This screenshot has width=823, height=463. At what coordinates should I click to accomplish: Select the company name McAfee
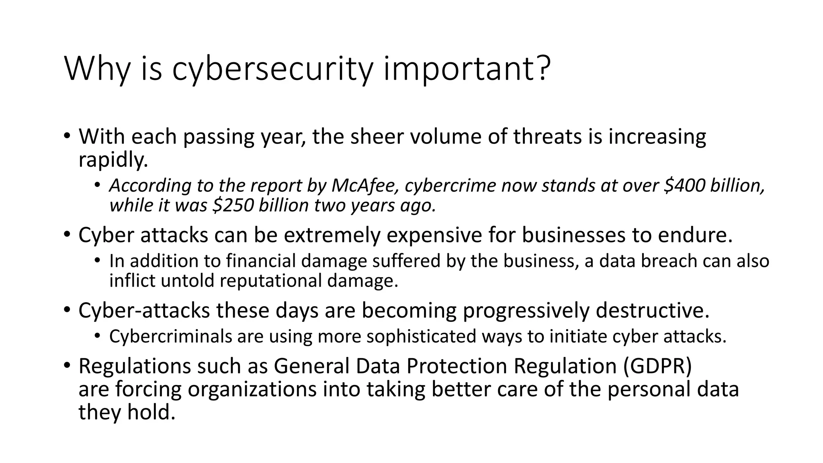(x=366, y=185)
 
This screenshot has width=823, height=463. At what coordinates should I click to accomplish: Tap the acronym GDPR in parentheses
(x=657, y=366)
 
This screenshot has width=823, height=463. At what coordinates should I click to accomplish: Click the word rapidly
(x=113, y=160)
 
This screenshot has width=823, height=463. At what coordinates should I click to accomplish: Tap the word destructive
(x=652, y=311)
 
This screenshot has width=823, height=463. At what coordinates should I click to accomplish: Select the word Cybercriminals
(x=170, y=336)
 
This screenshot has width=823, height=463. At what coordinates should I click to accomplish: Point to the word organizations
(x=252, y=389)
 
